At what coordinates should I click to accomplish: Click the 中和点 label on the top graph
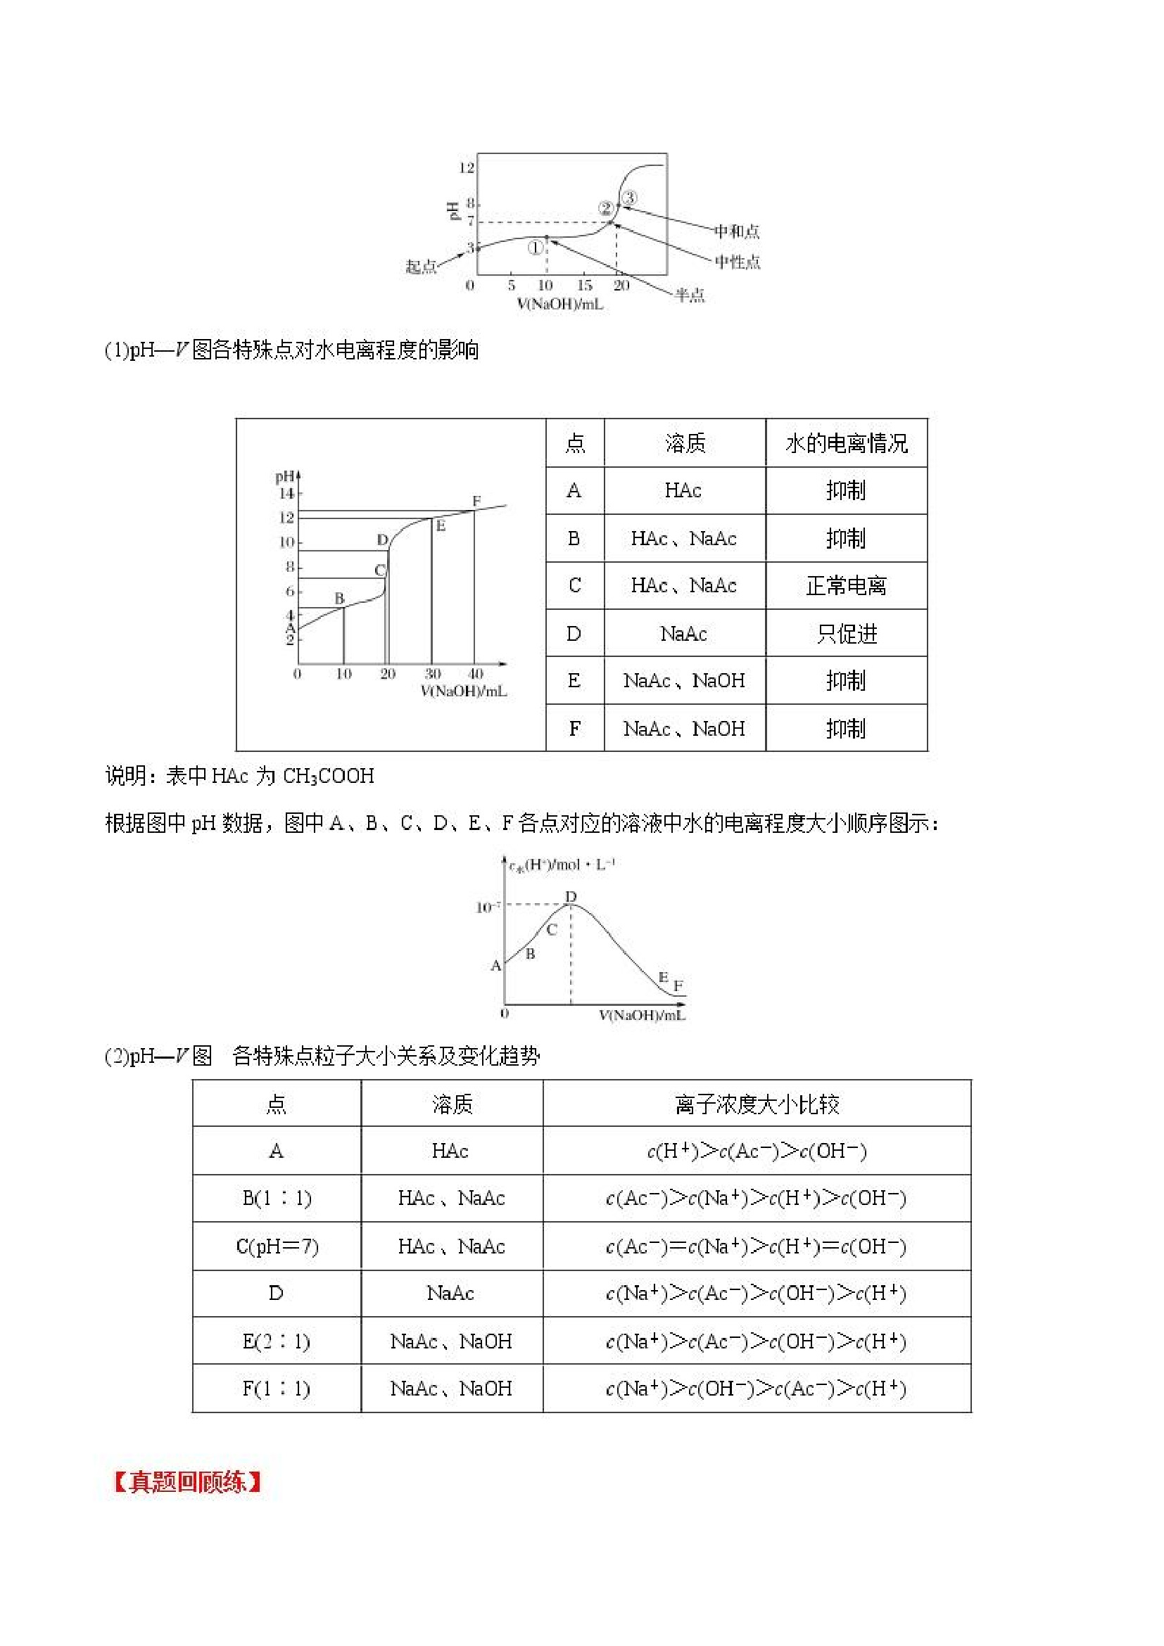[737, 231]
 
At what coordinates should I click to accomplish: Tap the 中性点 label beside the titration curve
[738, 262]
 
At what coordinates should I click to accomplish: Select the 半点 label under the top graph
[690, 295]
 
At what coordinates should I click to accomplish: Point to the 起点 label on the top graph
[421, 267]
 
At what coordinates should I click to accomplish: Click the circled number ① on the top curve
[535, 248]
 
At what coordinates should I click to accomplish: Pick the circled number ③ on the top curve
[629, 197]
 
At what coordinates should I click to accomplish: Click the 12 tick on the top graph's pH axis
[466, 167]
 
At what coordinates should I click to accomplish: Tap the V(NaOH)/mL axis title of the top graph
[560, 304]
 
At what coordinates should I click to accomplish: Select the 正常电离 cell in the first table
[847, 586]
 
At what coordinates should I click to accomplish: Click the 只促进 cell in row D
[847, 634]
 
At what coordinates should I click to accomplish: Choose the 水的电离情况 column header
[847, 444]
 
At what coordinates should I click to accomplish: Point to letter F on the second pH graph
[476, 501]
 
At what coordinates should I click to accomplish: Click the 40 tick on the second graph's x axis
[476, 674]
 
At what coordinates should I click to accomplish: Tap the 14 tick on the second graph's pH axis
[287, 493]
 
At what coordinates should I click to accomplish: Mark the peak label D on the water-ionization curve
[571, 897]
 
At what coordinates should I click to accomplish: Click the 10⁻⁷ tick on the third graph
[488, 907]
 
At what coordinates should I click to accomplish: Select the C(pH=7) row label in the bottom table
[277, 1246]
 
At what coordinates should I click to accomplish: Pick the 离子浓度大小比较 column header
[757, 1104]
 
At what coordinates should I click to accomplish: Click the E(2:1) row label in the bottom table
[277, 1341]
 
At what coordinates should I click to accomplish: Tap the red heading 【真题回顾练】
[187, 1482]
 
